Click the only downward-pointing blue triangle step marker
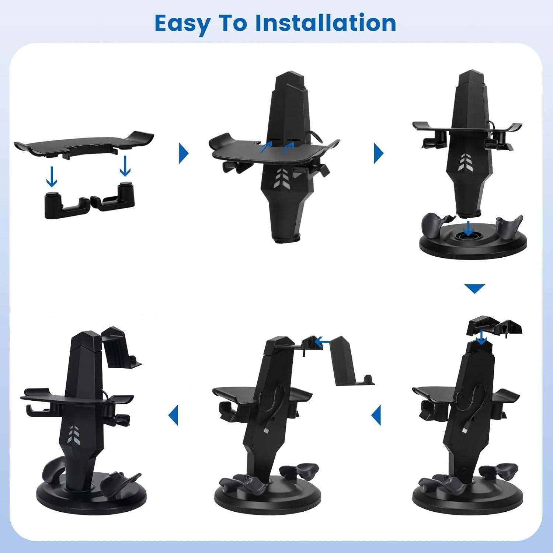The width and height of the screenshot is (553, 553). pyautogui.click(x=474, y=288)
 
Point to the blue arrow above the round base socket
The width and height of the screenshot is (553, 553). pyautogui.click(x=468, y=228)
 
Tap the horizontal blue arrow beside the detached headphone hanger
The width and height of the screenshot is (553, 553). pyautogui.click(x=324, y=342)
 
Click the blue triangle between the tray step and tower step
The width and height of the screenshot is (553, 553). pyautogui.click(x=184, y=153)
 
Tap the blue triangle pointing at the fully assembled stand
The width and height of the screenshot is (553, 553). pyautogui.click(x=173, y=415)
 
